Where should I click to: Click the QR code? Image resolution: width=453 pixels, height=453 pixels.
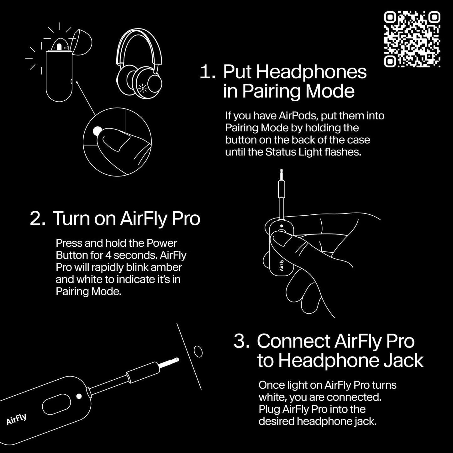[x=412, y=39]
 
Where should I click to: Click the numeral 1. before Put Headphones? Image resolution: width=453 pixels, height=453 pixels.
[x=207, y=72]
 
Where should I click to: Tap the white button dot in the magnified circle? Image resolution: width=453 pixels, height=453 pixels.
[x=97, y=131]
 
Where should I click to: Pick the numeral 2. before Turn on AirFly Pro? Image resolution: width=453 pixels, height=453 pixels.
[x=38, y=219]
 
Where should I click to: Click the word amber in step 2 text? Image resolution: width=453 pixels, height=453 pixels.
[x=166, y=267]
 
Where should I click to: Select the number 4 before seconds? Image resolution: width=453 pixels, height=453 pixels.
[x=108, y=255]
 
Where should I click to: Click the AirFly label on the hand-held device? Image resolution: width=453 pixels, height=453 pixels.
[x=281, y=265]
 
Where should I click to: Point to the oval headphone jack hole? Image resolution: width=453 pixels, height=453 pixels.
[x=198, y=351]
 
